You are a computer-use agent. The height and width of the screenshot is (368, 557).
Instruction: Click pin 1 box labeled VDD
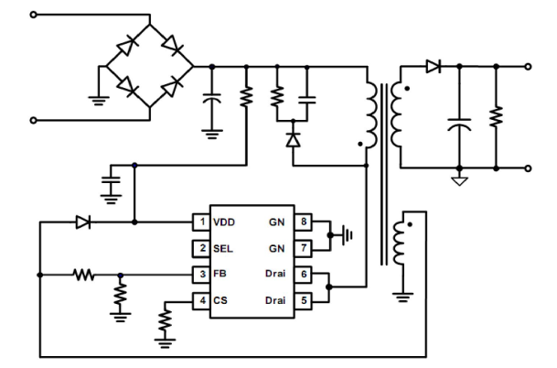click(x=198, y=222)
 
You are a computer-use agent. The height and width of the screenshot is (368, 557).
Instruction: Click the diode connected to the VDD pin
click(x=83, y=222)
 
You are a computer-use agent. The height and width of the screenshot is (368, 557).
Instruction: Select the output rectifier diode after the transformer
click(x=433, y=66)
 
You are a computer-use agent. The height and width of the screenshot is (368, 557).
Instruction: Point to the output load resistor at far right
click(x=495, y=117)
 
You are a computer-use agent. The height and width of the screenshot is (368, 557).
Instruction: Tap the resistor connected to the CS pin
click(x=165, y=321)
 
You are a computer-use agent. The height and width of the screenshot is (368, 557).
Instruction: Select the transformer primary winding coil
click(x=370, y=114)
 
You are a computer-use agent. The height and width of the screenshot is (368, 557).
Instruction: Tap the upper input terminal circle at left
click(x=35, y=14)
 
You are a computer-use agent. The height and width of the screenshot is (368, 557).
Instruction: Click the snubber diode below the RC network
click(x=292, y=139)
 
